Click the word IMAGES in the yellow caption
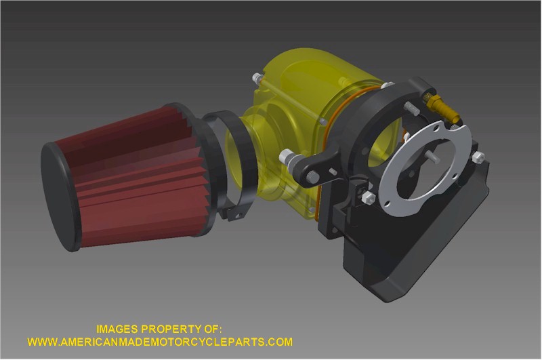pos(117,329)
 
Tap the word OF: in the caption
pos(211,329)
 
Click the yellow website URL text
pos(160,342)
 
